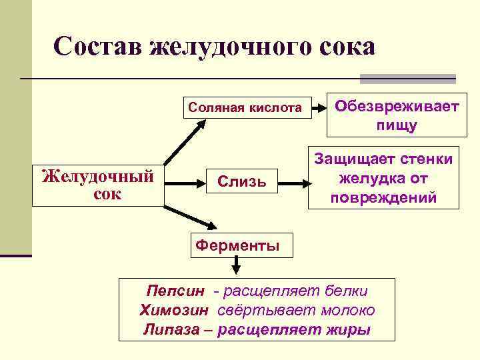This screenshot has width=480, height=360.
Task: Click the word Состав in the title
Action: [x=98, y=47]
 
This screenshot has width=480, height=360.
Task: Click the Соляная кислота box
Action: [x=245, y=107]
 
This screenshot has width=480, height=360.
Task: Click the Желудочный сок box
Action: [x=97, y=185]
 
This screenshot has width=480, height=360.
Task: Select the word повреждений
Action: [x=383, y=198]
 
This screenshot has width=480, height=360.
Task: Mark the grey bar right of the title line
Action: [x=407, y=79]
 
